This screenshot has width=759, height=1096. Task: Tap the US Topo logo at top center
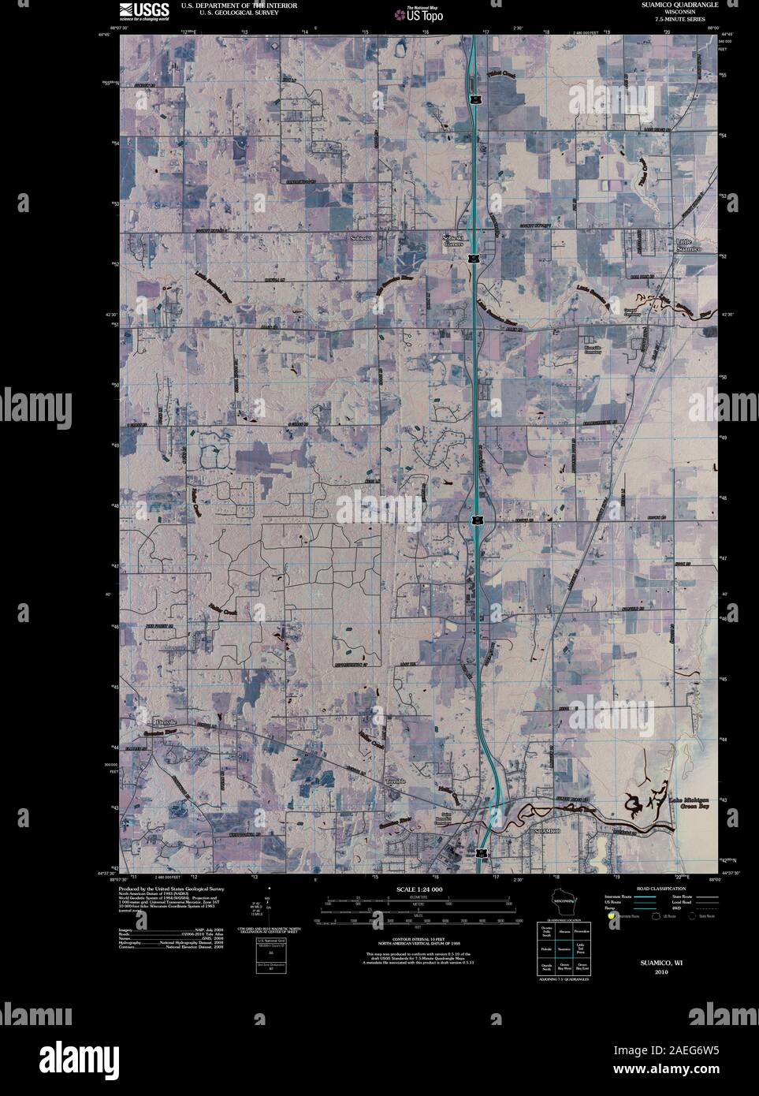pos(414,13)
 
